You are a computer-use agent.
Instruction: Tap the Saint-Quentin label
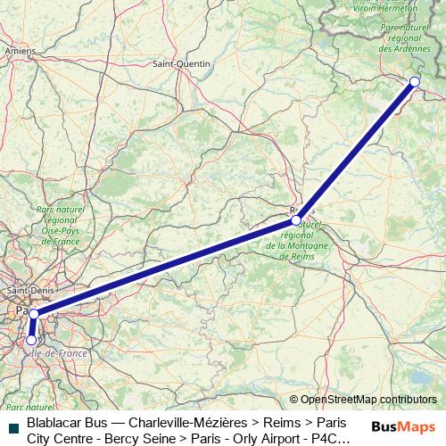pyautogui.click(x=181, y=64)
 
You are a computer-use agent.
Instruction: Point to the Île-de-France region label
pyautogui.click(x=61, y=353)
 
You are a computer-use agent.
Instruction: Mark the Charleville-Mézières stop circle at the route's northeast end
pyautogui.click(x=415, y=81)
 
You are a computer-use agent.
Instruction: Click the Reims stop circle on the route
pyautogui.click(x=296, y=219)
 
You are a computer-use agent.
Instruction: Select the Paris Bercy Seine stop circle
pyautogui.click(x=34, y=314)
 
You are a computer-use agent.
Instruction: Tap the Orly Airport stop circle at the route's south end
pyautogui.click(x=31, y=340)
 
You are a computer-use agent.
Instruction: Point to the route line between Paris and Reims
pyautogui.click(x=165, y=267)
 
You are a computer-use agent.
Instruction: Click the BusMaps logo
pyautogui.click(x=404, y=426)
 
